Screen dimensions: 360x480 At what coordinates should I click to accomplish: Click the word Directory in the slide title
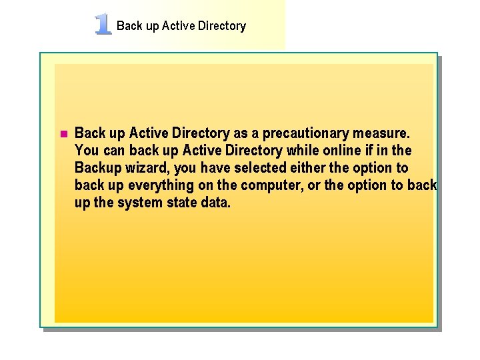pos(222,26)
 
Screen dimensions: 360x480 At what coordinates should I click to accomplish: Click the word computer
pos(271,185)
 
